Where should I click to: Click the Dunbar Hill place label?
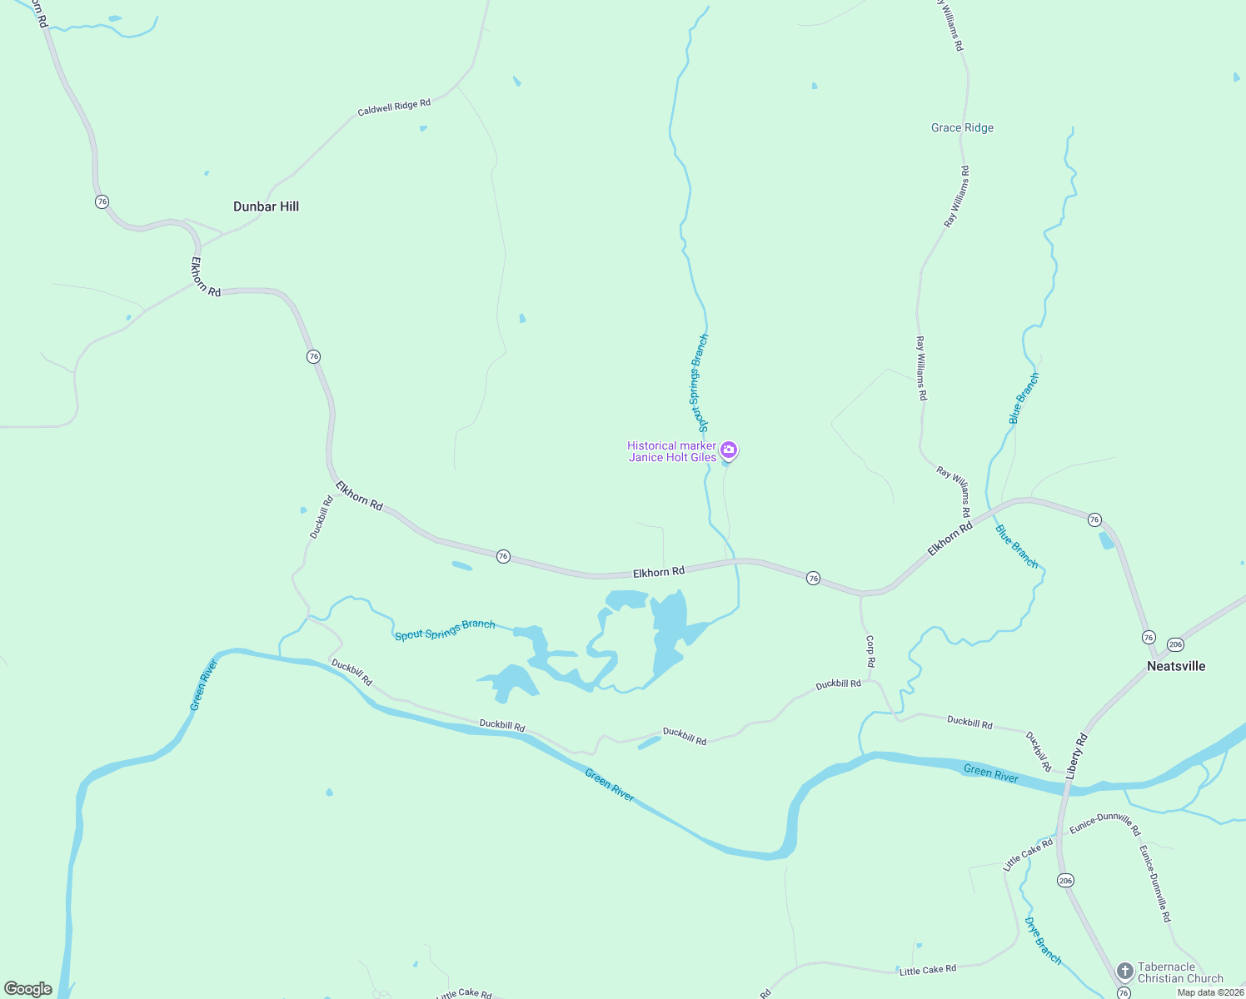(266, 206)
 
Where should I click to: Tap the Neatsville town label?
(1176, 666)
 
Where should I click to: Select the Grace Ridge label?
(962, 127)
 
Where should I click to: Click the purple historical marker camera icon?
(729, 450)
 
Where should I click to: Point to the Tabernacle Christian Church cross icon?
(1124, 972)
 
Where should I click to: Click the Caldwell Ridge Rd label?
(394, 107)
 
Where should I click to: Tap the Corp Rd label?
(870, 651)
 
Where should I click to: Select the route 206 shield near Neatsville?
(1175, 644)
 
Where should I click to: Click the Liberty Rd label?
(1076, 753)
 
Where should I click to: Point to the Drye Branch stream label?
(1043, 941)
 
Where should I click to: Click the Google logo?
(28, 989)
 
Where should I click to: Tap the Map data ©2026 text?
(1210, 992)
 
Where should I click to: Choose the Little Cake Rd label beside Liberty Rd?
(1028, 855)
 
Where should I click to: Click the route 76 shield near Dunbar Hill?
(102, 201)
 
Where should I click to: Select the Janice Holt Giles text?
(672, 457)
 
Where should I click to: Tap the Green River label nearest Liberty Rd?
(991, 773)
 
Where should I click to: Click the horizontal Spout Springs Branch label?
(445, 629)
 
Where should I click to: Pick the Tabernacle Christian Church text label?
(1180, 972)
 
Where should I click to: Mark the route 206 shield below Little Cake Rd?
(1065, 880)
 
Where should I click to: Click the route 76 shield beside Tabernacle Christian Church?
(1124, 993)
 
